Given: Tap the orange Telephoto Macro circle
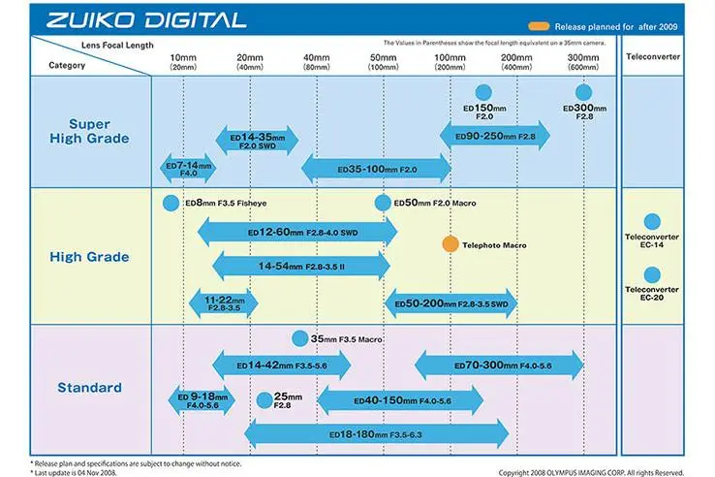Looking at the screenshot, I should pyautogui.click(x=450, y=244).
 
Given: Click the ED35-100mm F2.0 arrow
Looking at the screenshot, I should pyautogui.click(x=376, y=170).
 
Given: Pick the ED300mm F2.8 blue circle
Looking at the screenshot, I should pyautogui.click(x=584, y=89).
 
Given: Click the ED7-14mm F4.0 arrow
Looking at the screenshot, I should pyautogui.click(x=186, y=168).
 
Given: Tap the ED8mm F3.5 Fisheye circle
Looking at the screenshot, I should pyautogui.click(x=171, y=204).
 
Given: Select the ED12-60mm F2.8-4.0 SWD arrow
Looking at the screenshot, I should pyautogui.click(x=296, y=234).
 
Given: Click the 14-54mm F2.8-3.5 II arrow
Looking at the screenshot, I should pyautogui.click(x=300, y=265).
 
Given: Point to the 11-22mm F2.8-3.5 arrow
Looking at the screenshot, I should pyautogui.click(x=223, y=302).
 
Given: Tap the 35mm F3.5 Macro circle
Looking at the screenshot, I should pyautogui.click(x=300, y=338).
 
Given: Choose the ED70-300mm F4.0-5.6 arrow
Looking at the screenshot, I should pyautogui.click(x=499, y=366).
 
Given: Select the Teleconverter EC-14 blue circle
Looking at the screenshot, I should pyautogui.click(x=651, y=221).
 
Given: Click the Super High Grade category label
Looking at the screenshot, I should pyautogui.click(x=89, y=131).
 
